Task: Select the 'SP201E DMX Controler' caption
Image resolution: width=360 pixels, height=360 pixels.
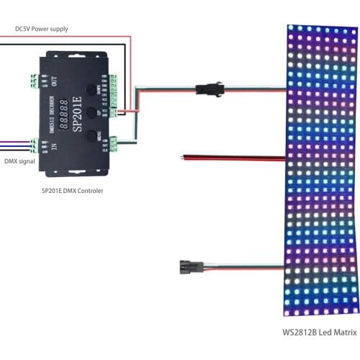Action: pyautogui.click(x=73, y=190)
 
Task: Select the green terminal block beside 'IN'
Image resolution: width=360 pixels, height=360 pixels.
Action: pyautogui.click(x=36, y=148)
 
